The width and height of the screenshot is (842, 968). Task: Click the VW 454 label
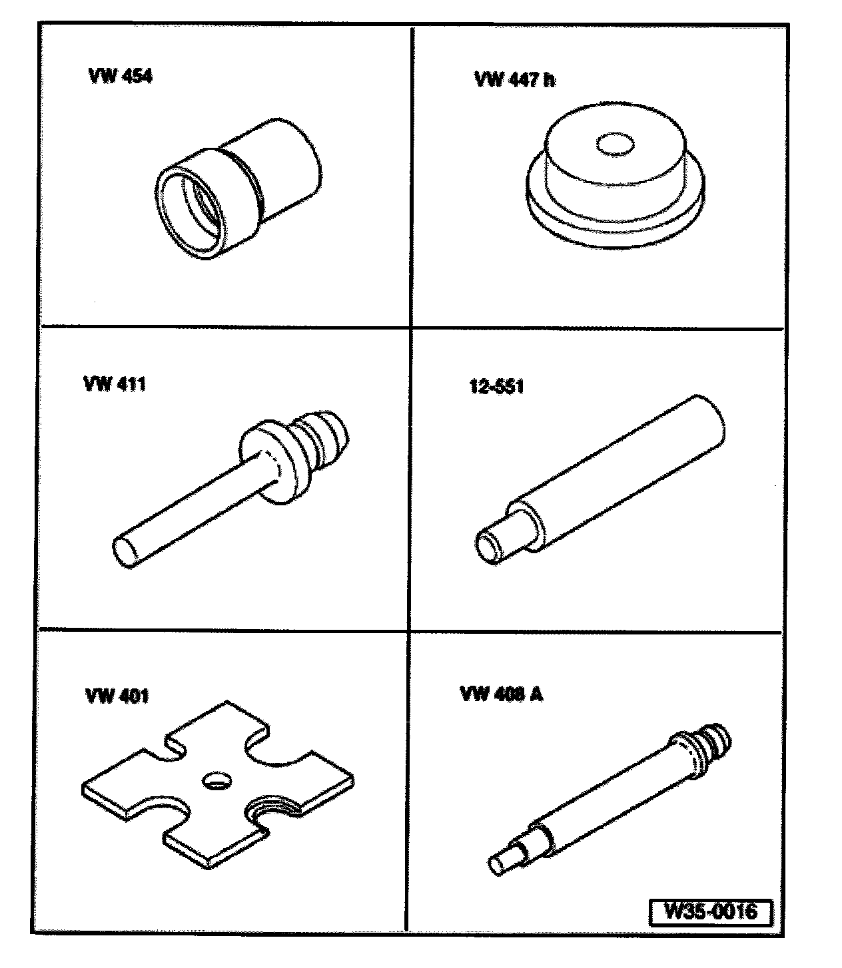tap(121, 76)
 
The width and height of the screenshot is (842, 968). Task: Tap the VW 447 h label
tap(515, 79)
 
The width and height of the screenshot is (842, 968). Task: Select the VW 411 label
tap(115, 383)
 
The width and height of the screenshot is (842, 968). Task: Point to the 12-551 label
tap(496, 387)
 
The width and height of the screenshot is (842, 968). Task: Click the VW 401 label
tap(117, 696)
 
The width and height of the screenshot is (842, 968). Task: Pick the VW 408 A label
tap(502, 694)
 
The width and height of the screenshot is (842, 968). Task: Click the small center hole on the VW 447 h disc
tap(616, 144)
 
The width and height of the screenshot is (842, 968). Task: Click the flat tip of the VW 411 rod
tap(125, 552)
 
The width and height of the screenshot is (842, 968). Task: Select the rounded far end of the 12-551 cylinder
tap(710, 419)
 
